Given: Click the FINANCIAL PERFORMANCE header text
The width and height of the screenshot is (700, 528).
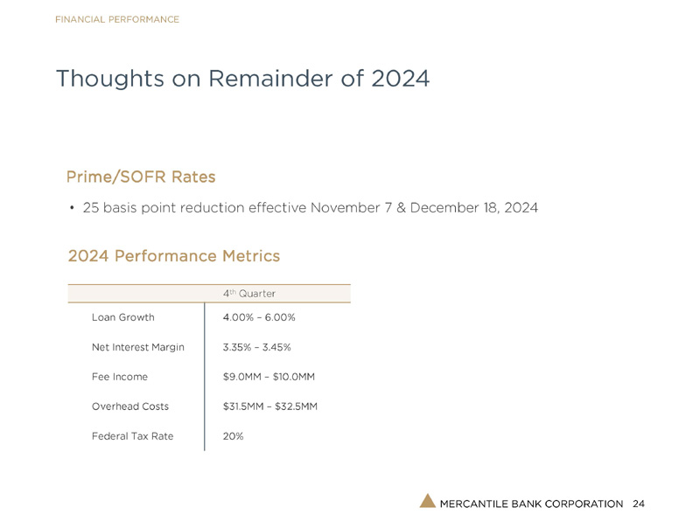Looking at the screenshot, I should point(117,19).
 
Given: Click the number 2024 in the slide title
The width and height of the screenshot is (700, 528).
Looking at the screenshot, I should point(400,79).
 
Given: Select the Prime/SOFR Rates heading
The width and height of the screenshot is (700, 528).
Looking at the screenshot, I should point(141,177).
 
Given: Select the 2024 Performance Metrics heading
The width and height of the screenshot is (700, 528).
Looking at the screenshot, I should point(173,256).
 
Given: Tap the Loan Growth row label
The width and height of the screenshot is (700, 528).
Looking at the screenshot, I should point(122,317).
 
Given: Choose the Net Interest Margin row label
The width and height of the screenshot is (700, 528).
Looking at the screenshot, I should point(137,347).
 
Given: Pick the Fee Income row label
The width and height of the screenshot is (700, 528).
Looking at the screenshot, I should point(119,377).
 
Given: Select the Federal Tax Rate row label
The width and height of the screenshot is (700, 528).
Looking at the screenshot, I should point(132,436).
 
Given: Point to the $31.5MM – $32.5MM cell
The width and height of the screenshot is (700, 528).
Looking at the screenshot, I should point(270,406).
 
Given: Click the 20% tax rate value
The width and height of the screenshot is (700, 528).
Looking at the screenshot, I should point(234,436).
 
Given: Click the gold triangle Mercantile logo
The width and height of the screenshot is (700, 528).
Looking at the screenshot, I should point(427,501).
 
